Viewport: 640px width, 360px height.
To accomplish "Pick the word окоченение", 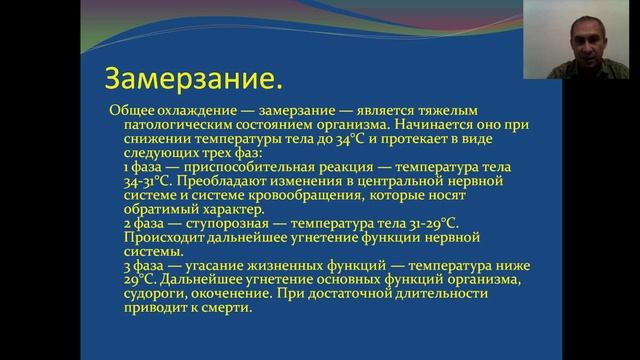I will (x=221, y=294).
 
